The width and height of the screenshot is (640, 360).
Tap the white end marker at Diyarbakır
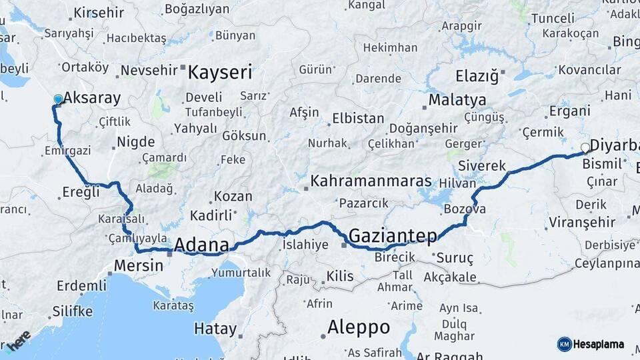(x=585, y=147)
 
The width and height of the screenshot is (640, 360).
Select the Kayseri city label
(x=220, y=72)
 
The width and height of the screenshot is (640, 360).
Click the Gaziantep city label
(x=393, y=235)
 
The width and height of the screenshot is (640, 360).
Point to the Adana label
(x=201, y=245)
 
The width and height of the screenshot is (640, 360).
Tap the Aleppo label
(x=359, y=327)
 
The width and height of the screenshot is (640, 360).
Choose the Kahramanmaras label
(x=371, y=181)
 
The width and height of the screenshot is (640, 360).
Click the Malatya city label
(x=457, y=100)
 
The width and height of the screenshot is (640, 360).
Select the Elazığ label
(x=477, y=75)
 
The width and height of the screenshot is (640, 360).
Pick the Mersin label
(x=139, y=265)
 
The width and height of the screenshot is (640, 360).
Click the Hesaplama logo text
(x=599, y=344)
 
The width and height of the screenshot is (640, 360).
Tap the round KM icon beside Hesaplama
(x=565, y=344)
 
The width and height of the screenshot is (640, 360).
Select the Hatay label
(x=215, y=328)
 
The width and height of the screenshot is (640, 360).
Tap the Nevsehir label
(x=149, y=70)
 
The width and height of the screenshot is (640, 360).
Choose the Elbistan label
(x=357, y=119)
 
